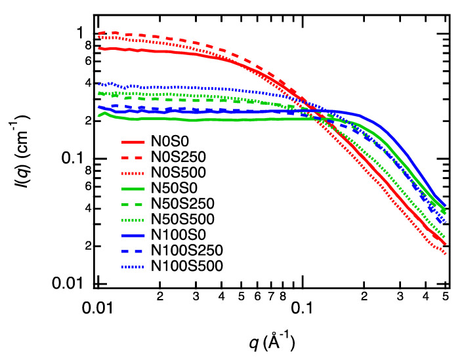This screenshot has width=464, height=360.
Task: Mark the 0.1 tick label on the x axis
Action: [301, 306]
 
